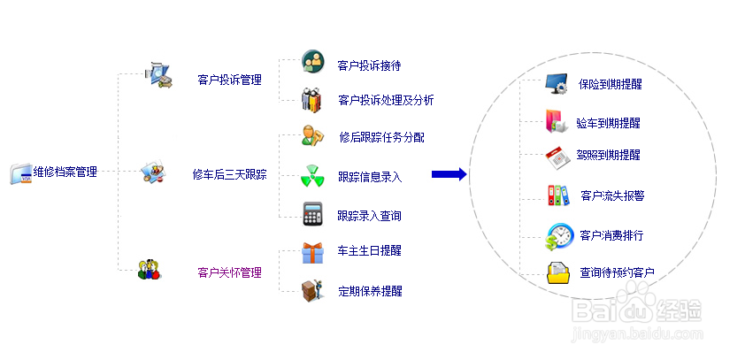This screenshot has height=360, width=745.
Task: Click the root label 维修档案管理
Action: (65, 172)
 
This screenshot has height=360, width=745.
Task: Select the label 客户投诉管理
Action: (230, 80)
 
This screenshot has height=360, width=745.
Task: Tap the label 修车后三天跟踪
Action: (230, 174)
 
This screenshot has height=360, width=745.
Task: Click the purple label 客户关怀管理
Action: (230, 272)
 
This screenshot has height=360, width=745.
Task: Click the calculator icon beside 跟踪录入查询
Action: (312, 214)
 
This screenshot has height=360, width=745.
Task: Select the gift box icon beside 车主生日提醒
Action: (312, 252)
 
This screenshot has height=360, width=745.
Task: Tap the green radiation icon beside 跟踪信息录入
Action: (312, 176)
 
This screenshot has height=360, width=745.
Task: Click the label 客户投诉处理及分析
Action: (386, 100)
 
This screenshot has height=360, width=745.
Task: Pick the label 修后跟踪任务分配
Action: (381, 137)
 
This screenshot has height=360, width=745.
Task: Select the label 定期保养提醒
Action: (370, 290)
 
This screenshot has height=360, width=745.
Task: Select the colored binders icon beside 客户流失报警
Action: (558, 195)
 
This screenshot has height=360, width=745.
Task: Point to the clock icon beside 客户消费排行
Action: (558, 236)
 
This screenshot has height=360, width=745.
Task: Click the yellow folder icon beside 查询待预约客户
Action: (558, 272)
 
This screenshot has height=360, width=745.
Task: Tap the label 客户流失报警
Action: (612, 195)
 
